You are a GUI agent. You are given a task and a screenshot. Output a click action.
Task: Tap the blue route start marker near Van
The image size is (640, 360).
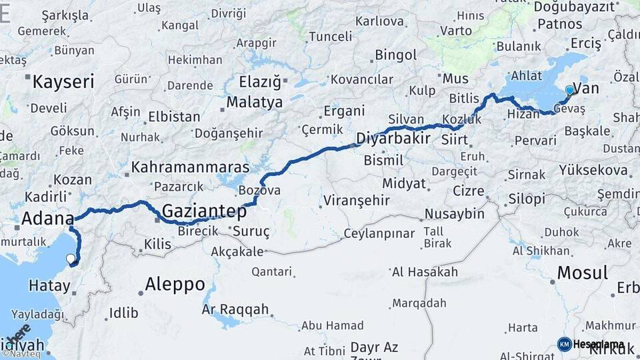tap(569, 91)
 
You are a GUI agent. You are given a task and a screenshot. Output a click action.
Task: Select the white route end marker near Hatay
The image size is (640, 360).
tap(71, 259)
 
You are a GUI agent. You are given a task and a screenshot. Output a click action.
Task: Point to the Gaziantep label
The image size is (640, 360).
tap(204, 211)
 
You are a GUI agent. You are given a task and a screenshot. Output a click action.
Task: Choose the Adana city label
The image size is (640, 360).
tap(47, 218)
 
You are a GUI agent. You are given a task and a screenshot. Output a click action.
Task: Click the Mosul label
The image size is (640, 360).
tap(582, 273)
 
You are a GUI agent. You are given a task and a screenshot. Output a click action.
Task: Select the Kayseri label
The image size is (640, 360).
tap(63, 82)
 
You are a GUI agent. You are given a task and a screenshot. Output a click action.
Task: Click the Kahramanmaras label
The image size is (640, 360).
tap(190, 167)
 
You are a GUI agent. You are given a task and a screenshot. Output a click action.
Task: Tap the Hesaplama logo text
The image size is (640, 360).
tap(599, 344)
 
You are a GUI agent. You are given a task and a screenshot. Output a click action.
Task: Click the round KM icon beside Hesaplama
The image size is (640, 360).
tap(564, 344)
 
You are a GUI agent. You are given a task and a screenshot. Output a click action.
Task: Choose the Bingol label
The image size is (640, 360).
tap(395, 55)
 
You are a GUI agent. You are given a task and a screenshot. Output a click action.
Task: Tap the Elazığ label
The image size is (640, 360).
tap(261, 83)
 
